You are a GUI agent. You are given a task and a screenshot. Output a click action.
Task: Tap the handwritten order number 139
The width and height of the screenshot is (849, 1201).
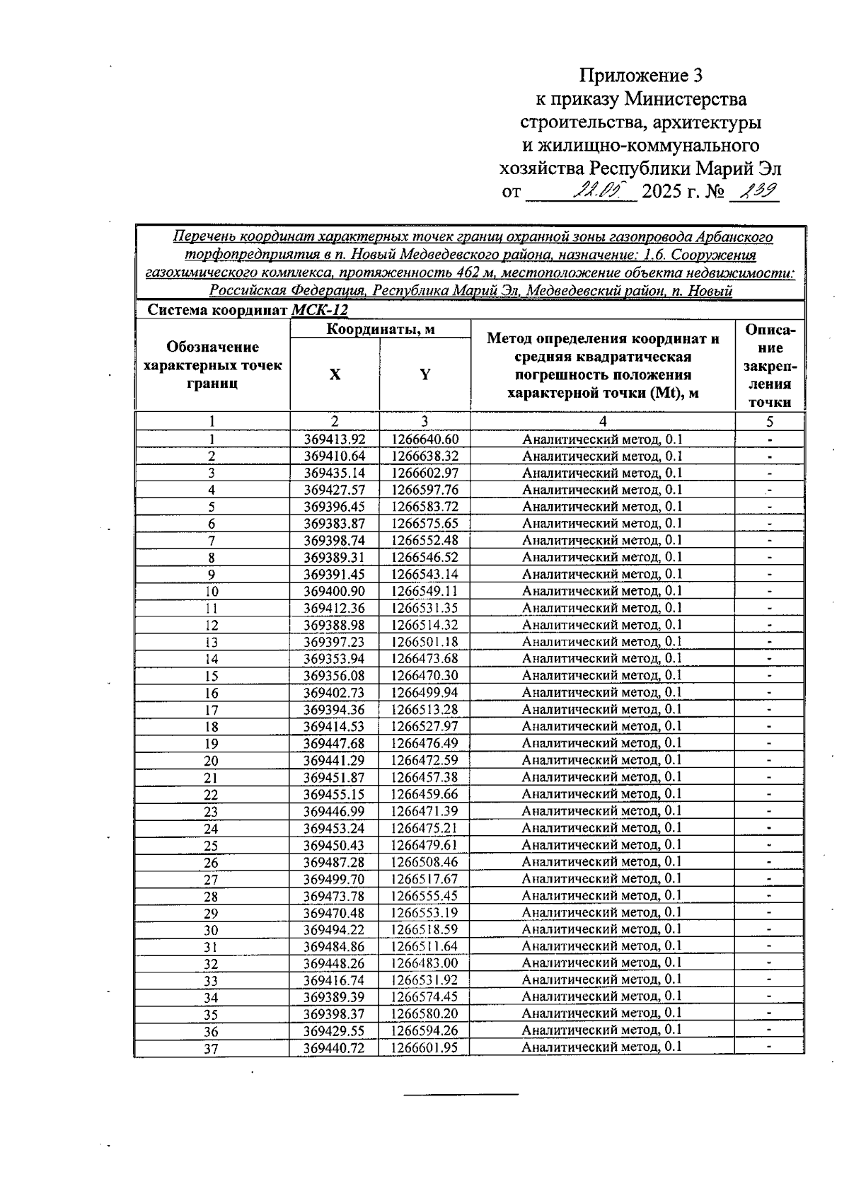tap(756, 191)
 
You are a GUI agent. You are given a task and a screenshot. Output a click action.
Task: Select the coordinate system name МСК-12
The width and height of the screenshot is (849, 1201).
tap(320, 310)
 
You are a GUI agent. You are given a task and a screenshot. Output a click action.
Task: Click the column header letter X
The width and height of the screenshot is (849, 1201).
tap(335, 375)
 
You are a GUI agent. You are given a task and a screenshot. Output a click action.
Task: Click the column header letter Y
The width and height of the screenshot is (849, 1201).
tap(424, 375)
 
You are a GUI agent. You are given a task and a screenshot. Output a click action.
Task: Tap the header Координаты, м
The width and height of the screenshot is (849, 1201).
tap(380, 329)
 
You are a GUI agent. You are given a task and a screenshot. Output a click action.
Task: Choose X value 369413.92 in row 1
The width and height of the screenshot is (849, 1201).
tap(335, 439)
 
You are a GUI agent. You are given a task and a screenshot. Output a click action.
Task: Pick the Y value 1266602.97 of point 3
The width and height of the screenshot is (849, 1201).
tap(424, 473)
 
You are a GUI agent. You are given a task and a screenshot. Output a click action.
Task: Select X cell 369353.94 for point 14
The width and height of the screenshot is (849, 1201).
tap(335, 659)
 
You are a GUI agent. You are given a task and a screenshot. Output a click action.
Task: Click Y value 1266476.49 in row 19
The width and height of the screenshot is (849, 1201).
tap(424, 743)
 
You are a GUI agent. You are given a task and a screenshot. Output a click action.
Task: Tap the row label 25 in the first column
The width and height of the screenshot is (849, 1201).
tap(211, 846)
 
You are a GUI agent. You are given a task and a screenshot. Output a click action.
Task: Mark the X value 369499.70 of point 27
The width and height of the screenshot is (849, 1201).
tap(335, 879)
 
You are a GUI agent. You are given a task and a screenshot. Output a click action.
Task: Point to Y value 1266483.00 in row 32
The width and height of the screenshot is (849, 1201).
tap(424, 963)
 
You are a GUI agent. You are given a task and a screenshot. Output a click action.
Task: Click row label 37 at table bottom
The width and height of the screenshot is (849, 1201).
tap(211, 1050)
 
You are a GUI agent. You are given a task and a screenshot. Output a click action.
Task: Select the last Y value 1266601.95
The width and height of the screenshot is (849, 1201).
tap(424, 1048)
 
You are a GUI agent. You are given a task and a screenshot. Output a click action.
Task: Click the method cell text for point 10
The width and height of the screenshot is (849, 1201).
tap(602, 591)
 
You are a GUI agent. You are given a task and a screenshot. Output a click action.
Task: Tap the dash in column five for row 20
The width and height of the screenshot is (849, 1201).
tap(770, 761)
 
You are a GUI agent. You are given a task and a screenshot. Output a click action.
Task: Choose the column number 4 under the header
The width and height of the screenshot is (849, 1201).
tap(603, 422)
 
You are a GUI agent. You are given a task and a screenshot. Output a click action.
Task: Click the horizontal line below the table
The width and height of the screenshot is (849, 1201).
tap(461, 1095)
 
